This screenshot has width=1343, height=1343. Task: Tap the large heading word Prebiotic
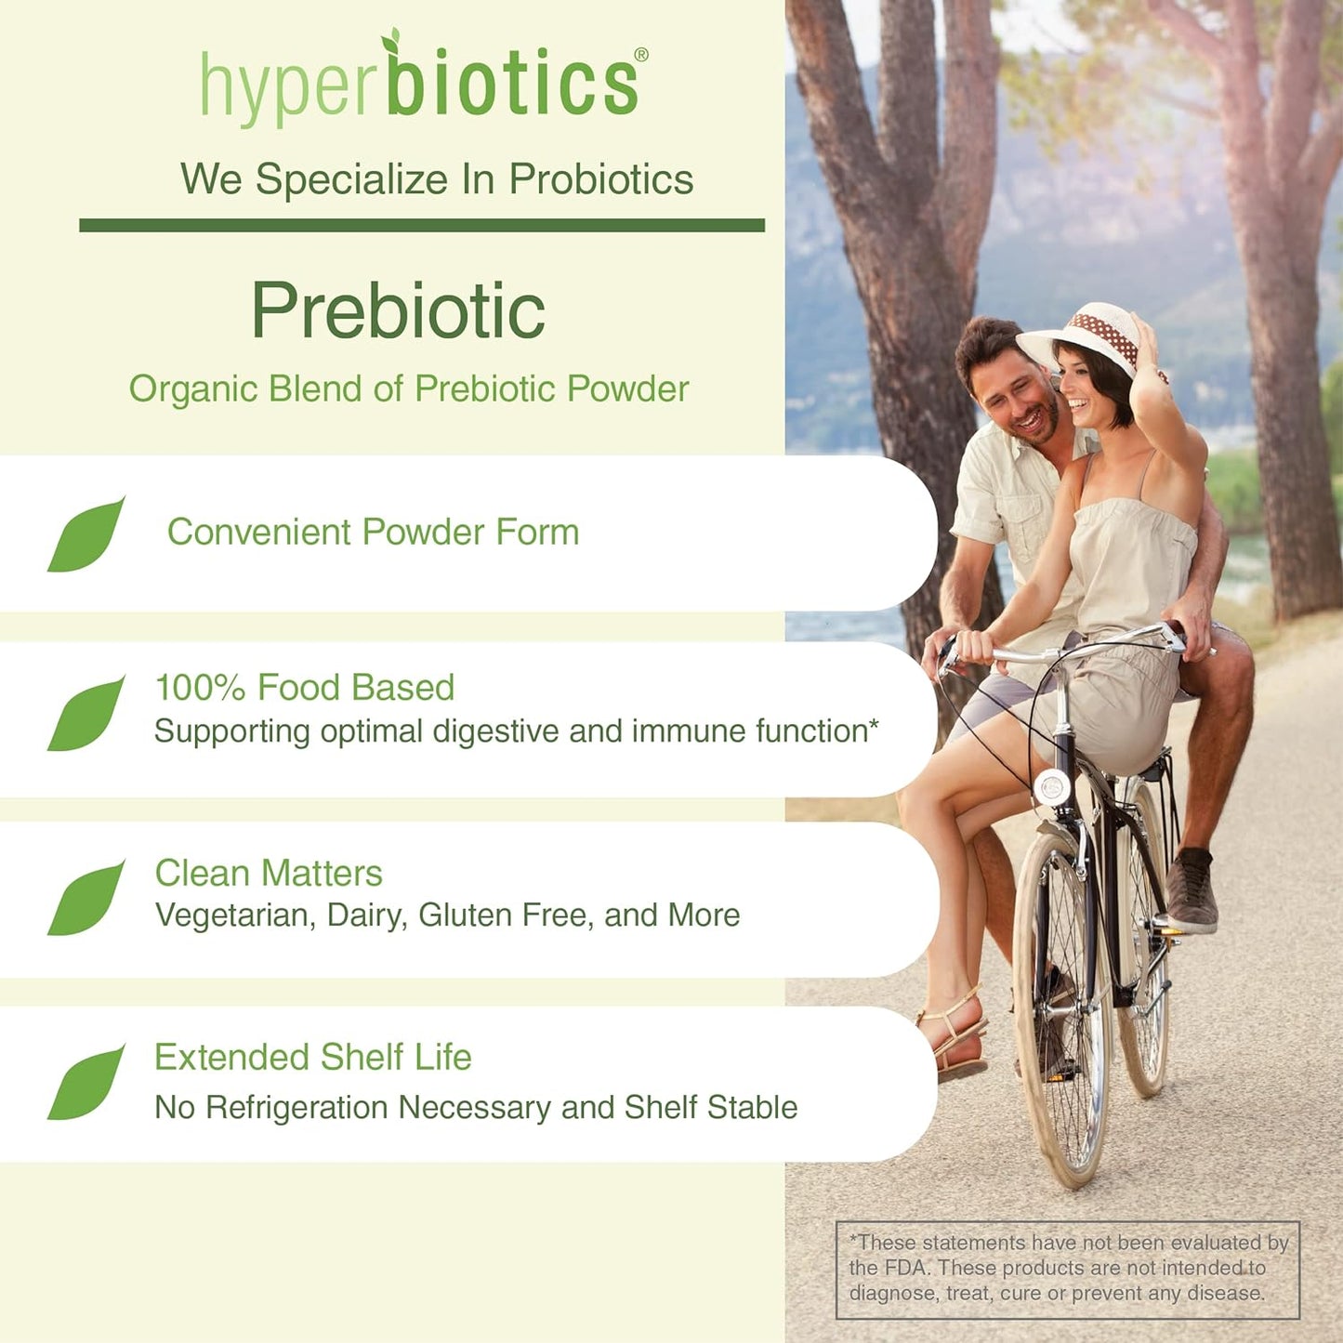[x=398, y=311]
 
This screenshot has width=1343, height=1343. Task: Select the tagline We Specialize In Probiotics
[x=437, y=179]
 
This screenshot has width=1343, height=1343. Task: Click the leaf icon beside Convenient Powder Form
[x=86, y=535]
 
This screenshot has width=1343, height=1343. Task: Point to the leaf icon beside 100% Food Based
[x=86, y=714]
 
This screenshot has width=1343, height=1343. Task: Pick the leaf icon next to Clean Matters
[x=86, y=898]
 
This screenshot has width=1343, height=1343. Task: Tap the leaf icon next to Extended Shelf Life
[x=86, y=1083]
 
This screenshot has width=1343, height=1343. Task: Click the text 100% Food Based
[x=304, y=688]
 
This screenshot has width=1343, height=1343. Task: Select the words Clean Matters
[x=269, y=874]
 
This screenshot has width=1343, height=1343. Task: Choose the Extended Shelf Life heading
[x=313, y=1058]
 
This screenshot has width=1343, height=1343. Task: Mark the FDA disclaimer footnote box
[x=1068, y=1269]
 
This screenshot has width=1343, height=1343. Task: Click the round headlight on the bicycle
[x=1052, y=787]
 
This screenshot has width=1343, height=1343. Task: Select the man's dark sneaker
[x=1192, y=892]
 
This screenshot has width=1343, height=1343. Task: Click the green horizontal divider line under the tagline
[x=422, y=225]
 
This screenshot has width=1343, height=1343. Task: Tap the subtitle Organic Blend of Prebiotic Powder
[x=409, y=389]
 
